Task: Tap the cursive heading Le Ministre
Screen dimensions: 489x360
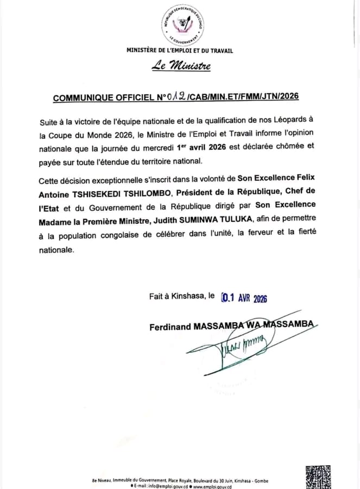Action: coord(181,66)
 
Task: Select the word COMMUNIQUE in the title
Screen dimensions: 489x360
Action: coord(82,97)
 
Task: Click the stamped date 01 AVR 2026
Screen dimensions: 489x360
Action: coord(244,298)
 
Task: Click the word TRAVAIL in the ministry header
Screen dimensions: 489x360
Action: coord(219,51)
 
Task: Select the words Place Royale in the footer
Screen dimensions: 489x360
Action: coord(182,480)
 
